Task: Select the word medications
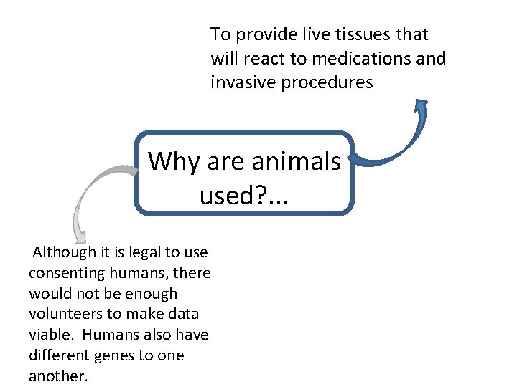click(x=349, y=59)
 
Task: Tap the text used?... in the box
click(x=243, y=193)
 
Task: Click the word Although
click(x=64, y=252)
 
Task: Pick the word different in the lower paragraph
click(x=57, y=356)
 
